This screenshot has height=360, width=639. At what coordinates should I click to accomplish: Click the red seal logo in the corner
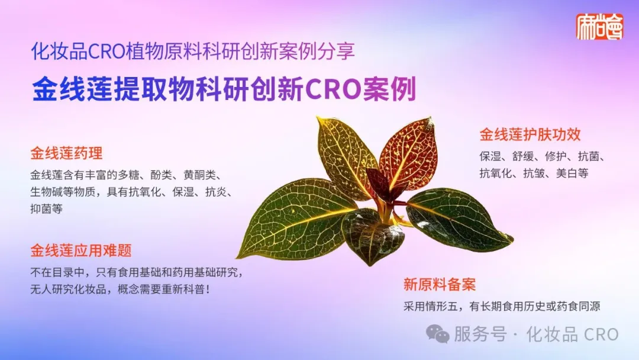pyautogui.click(x=599, y=27)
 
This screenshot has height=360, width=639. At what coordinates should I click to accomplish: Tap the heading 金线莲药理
pyautogui.click(x=66, y=153)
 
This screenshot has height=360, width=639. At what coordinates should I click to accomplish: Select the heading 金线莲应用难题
pyautogui.click(x=81, y=250)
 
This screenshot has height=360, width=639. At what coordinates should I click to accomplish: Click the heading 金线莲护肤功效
pyautogui.click(x=530, y=134)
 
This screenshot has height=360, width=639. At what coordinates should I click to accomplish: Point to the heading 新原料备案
pyautogui.click(x=440, y=285)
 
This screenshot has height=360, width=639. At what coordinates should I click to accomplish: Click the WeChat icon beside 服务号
pyautogui.click(x=438, y=335)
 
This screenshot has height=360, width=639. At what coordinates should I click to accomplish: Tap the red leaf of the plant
pyautogui.click(x=408, y=155)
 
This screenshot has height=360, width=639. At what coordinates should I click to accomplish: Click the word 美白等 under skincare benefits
pyautogui.click(x=572, y=173)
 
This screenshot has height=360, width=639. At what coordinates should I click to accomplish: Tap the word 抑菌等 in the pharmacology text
pyautogui.click(x=47, y=209)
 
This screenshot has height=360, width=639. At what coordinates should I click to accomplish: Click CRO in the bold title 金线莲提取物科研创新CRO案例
pyautogui.click(x=333, y=89)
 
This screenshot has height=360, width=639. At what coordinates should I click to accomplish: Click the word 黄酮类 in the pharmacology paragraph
pyautogui.click(x=200, y=175)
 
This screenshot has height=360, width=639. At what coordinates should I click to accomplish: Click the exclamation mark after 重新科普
pyautogui.click(x=208, y=289)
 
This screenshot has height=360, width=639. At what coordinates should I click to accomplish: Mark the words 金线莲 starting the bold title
pyautogui.click(x=73, y=89)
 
